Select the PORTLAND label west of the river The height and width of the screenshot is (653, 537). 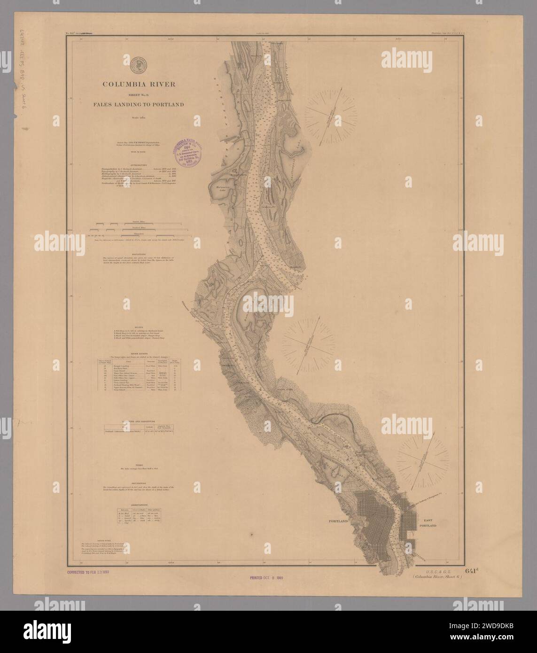point(337,522)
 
